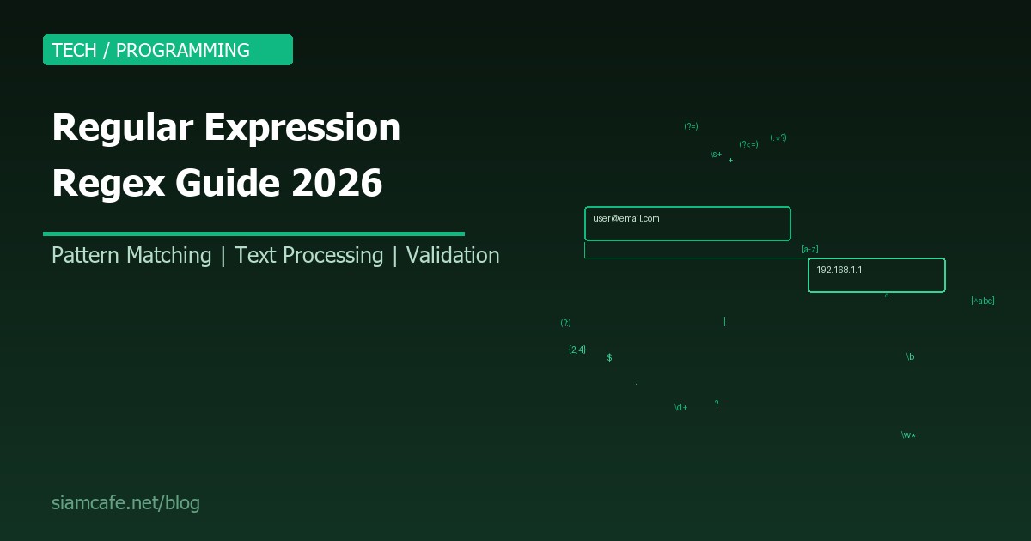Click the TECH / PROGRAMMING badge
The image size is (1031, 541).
[x=168, y=50]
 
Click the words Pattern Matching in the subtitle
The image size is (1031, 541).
[x=131, y=255]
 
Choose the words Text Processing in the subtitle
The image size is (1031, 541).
[x=308, y=255]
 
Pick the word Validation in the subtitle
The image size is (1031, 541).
[x=453, y=255]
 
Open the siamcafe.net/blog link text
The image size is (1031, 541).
[x=125, y=503]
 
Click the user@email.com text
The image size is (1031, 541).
[x=626, y=219]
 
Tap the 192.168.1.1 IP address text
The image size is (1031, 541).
[x=839, y=270]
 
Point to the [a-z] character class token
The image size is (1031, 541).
[x=809, y=249]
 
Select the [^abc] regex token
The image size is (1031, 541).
[x=982, y=301]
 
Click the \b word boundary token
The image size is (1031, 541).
[x=910, y=356]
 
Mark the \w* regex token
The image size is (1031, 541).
[x=908, y=435]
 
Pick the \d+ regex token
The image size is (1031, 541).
[x=680, y=408]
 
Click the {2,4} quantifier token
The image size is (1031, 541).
[x=577, y=350]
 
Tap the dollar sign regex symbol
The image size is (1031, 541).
[x=609, y=357]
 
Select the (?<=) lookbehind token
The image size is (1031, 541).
[x=748, y=144]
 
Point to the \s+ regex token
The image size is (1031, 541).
[x=716, y=155]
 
